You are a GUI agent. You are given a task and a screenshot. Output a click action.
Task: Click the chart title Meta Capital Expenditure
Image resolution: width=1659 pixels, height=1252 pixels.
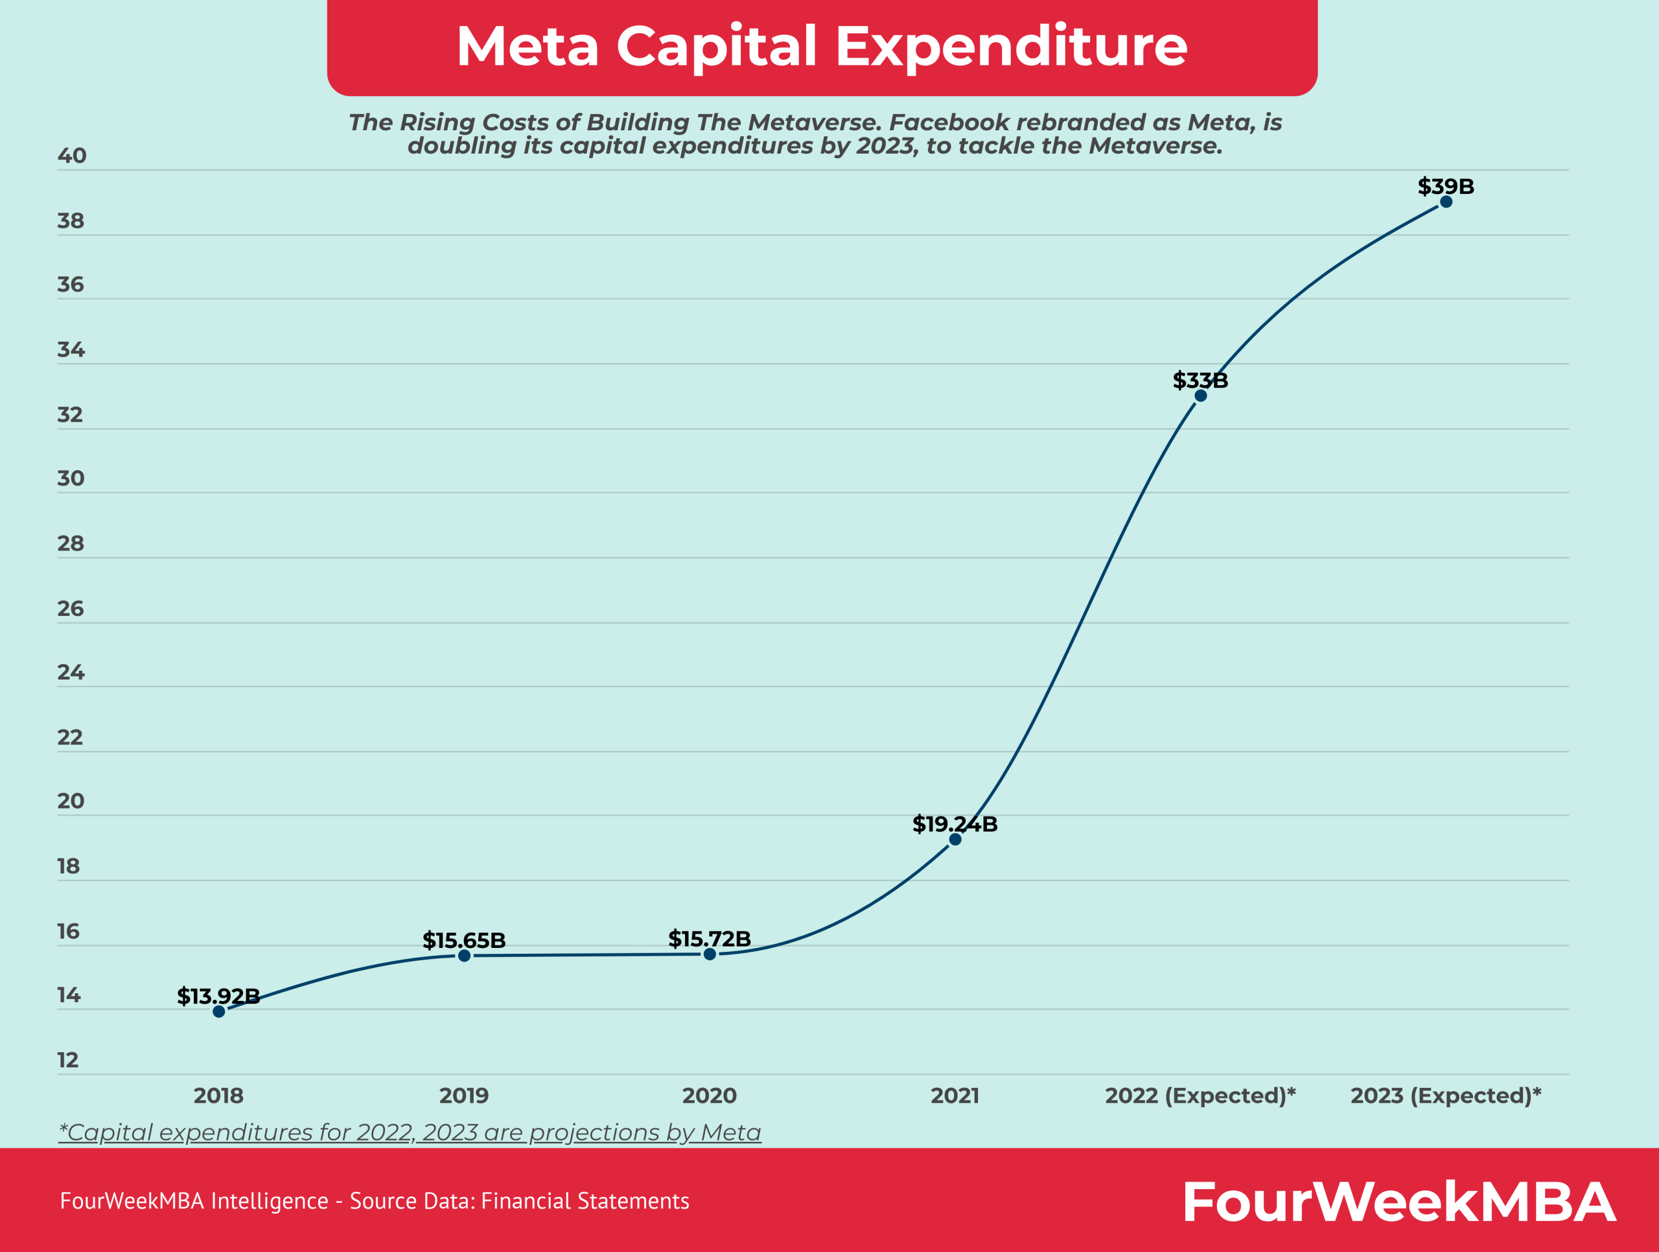(x=822, y=47)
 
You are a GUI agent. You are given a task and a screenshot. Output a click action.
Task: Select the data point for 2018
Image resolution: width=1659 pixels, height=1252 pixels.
(x=219, y=1011)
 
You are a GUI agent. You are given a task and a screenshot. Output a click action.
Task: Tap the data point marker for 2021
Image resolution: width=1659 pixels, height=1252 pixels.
(x=955, y=840)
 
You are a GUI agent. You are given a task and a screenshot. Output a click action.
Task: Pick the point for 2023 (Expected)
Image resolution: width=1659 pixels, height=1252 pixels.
(x=1446, y=202)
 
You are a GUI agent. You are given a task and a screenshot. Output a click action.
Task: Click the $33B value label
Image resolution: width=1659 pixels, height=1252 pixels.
(x=1200, y=381)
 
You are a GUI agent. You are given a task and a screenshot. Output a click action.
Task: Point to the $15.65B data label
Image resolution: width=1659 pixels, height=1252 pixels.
(x=464, y=940)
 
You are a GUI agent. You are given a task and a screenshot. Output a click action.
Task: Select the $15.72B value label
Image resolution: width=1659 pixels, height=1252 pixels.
(x=710, y=938)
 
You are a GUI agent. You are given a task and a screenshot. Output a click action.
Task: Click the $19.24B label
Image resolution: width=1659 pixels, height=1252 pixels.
(x=955, y=823)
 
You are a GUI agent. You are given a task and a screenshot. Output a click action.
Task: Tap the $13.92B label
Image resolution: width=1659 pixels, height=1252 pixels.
(x=218, y=996)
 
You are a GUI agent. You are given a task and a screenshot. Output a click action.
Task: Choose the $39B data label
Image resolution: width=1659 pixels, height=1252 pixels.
(x=1445, y=186)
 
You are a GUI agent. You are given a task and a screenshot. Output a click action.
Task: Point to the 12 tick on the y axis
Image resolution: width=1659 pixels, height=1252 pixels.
(x=68, y=1060)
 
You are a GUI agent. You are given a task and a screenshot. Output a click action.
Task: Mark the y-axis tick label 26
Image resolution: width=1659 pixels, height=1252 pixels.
(x=71, y=608)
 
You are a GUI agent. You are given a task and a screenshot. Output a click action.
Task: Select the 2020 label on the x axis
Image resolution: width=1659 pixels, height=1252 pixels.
(x=710, y=1095)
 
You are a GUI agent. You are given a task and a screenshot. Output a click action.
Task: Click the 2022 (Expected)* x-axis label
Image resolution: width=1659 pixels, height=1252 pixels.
(x=1200, y=1095)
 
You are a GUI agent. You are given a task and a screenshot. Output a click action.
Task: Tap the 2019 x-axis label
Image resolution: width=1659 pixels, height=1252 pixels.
(x=464, y=1095)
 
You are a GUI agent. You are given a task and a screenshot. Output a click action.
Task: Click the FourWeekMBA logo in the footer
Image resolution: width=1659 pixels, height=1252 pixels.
(x=1398, y=1201)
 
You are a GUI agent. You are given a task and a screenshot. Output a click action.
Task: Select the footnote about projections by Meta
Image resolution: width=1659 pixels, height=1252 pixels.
(x=410, y=1132)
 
